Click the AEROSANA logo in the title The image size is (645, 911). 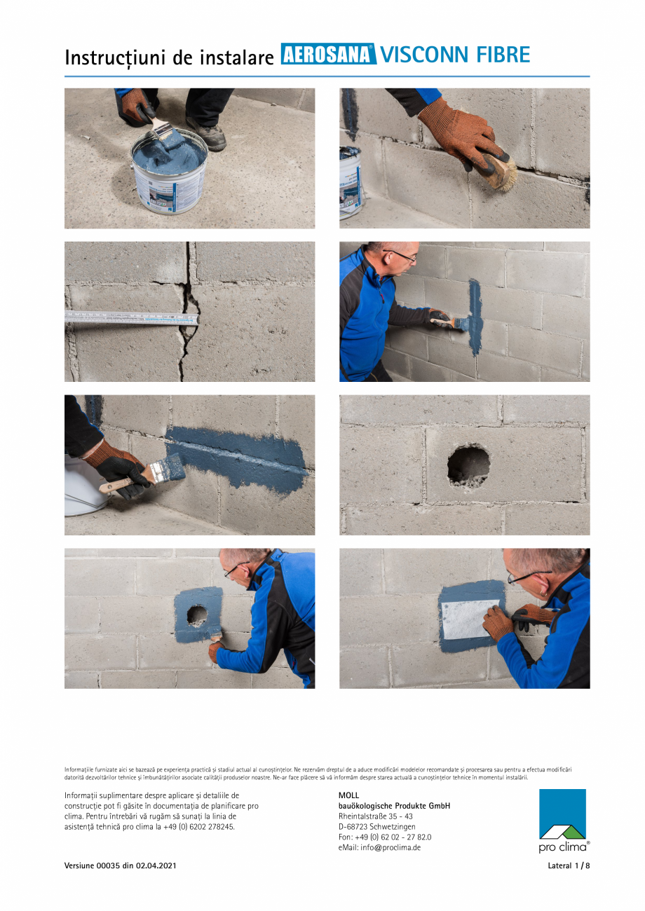[328, 55]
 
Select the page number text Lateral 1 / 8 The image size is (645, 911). [569, 865]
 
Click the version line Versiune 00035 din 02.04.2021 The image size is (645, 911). [120, 865]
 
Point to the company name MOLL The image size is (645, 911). [348, 795]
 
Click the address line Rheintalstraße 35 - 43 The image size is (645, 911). [375, 816]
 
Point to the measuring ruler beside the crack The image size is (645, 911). [130, 317]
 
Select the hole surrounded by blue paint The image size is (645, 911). [197, 615]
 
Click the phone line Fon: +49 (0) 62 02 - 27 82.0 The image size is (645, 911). [384, 837]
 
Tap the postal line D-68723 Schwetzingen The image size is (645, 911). [376, 827]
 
